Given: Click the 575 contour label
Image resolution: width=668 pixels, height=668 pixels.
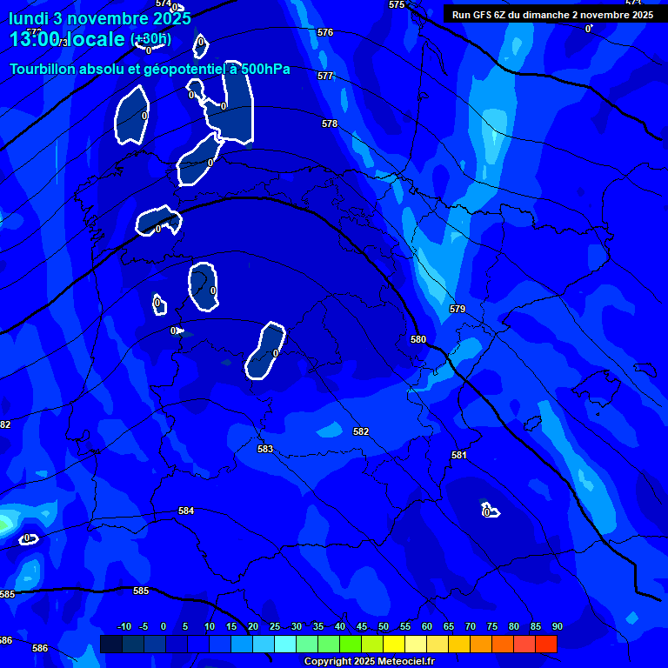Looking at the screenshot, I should click(397, 5).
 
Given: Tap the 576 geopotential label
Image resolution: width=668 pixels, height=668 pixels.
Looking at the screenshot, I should click(325, 32).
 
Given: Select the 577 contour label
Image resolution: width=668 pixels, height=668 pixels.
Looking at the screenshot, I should click(325, 77).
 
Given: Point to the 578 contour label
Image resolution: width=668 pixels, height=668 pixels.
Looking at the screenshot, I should click(330, 124).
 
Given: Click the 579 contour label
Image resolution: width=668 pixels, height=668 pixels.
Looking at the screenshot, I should click(458, 310).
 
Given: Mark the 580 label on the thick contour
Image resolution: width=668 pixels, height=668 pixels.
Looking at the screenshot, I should click(418, 339).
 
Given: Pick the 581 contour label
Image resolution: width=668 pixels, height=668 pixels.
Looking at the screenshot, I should click(459, 455).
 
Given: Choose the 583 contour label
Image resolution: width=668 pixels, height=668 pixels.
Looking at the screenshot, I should click(265, 450).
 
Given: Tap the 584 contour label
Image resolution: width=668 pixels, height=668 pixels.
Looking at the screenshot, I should click(186, 511).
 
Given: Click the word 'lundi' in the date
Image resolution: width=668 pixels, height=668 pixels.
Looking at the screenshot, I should click(29, 18).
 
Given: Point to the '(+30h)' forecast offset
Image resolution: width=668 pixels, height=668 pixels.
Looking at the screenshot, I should click(150, 39).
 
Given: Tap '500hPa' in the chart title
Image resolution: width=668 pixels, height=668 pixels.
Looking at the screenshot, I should click(265, 70).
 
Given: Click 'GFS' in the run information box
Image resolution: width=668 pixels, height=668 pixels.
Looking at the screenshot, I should click(488, 15).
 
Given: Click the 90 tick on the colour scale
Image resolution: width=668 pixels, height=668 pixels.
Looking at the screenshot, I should click(557, 627).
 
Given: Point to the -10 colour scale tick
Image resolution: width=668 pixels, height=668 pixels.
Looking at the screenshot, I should click(124, 627).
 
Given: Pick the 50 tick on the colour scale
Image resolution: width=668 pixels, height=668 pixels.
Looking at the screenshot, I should click(384, 627).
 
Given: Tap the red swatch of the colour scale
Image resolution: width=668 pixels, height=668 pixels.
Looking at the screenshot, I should click(545, 644).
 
